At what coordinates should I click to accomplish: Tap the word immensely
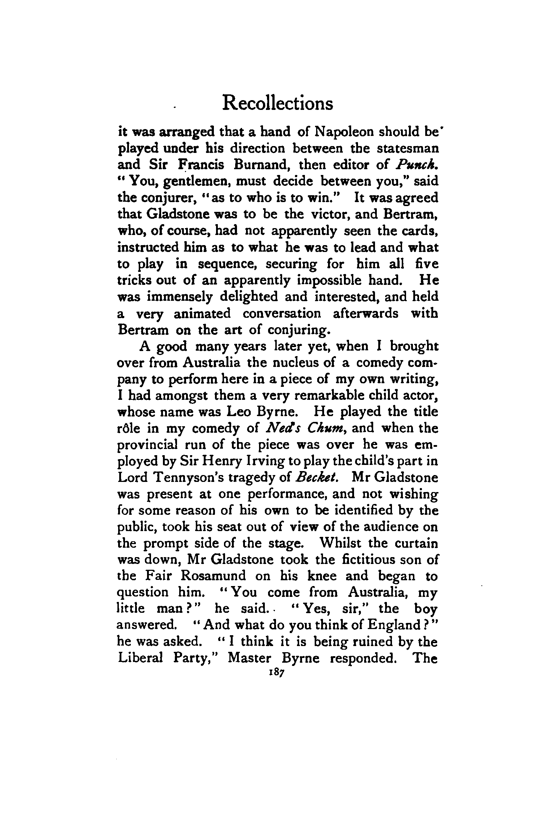(x=172, y=297)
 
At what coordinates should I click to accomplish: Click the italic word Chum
(x=330, y=428)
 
